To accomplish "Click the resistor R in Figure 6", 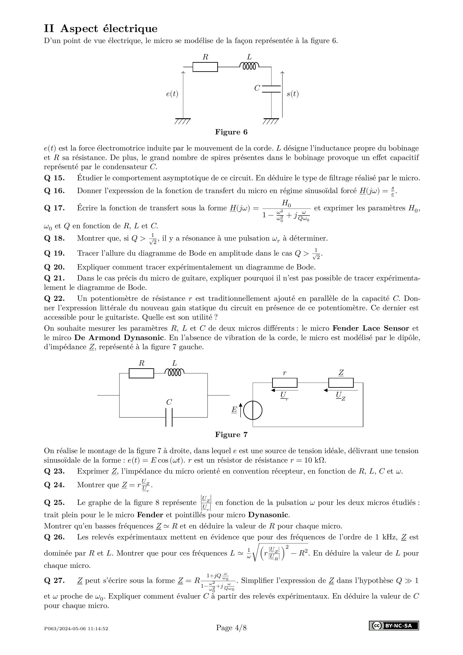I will click(x=205, y=67).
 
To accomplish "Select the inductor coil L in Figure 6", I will click(x=249, y=66).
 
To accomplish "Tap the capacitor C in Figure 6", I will click(x=271, y=89).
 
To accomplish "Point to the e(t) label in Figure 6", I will click(x=172, y=94).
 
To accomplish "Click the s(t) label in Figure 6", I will click(x=292, y=94).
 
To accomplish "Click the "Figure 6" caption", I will click(x=231, y=132).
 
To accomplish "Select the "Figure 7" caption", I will click(x=231, y=435).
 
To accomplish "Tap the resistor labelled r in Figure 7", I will click(x=284, y=383).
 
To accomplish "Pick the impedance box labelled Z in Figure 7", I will click(x=341, y=383).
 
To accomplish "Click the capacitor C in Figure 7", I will click(x=169, y=417).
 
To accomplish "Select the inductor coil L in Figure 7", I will click(x=174, y=373).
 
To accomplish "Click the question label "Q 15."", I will click(x=54, y=178).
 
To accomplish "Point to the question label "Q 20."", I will click(x=54, y=267).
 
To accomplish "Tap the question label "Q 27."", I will click(x=54, y=581).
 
